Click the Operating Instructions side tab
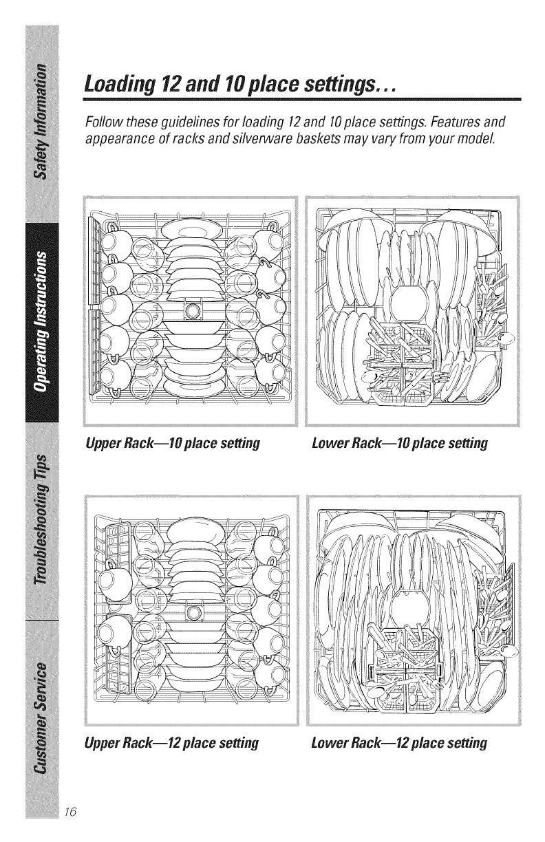(43, 321)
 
